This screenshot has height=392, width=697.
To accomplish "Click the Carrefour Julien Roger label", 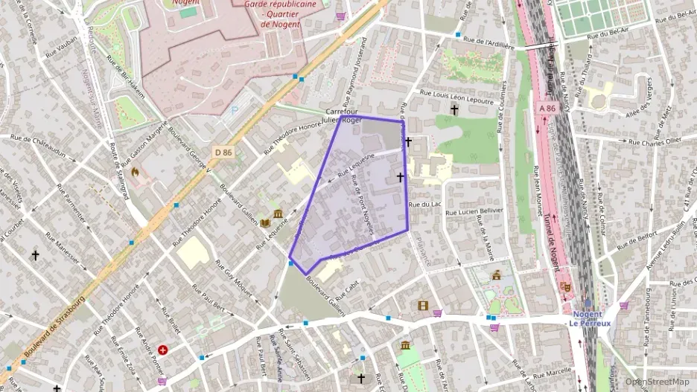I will coord(343,115).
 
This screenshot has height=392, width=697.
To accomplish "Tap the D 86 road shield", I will coord(223,152).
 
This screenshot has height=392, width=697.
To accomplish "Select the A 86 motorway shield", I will coord(547,108).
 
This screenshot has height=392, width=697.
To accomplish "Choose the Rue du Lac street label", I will coord(421,204).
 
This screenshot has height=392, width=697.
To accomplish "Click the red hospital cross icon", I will coord(162,349).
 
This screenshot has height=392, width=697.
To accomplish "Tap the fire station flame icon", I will coord(135,172).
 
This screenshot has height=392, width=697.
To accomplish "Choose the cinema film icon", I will coord(423,305).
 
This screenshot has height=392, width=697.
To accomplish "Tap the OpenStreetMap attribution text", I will coord(657,382).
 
